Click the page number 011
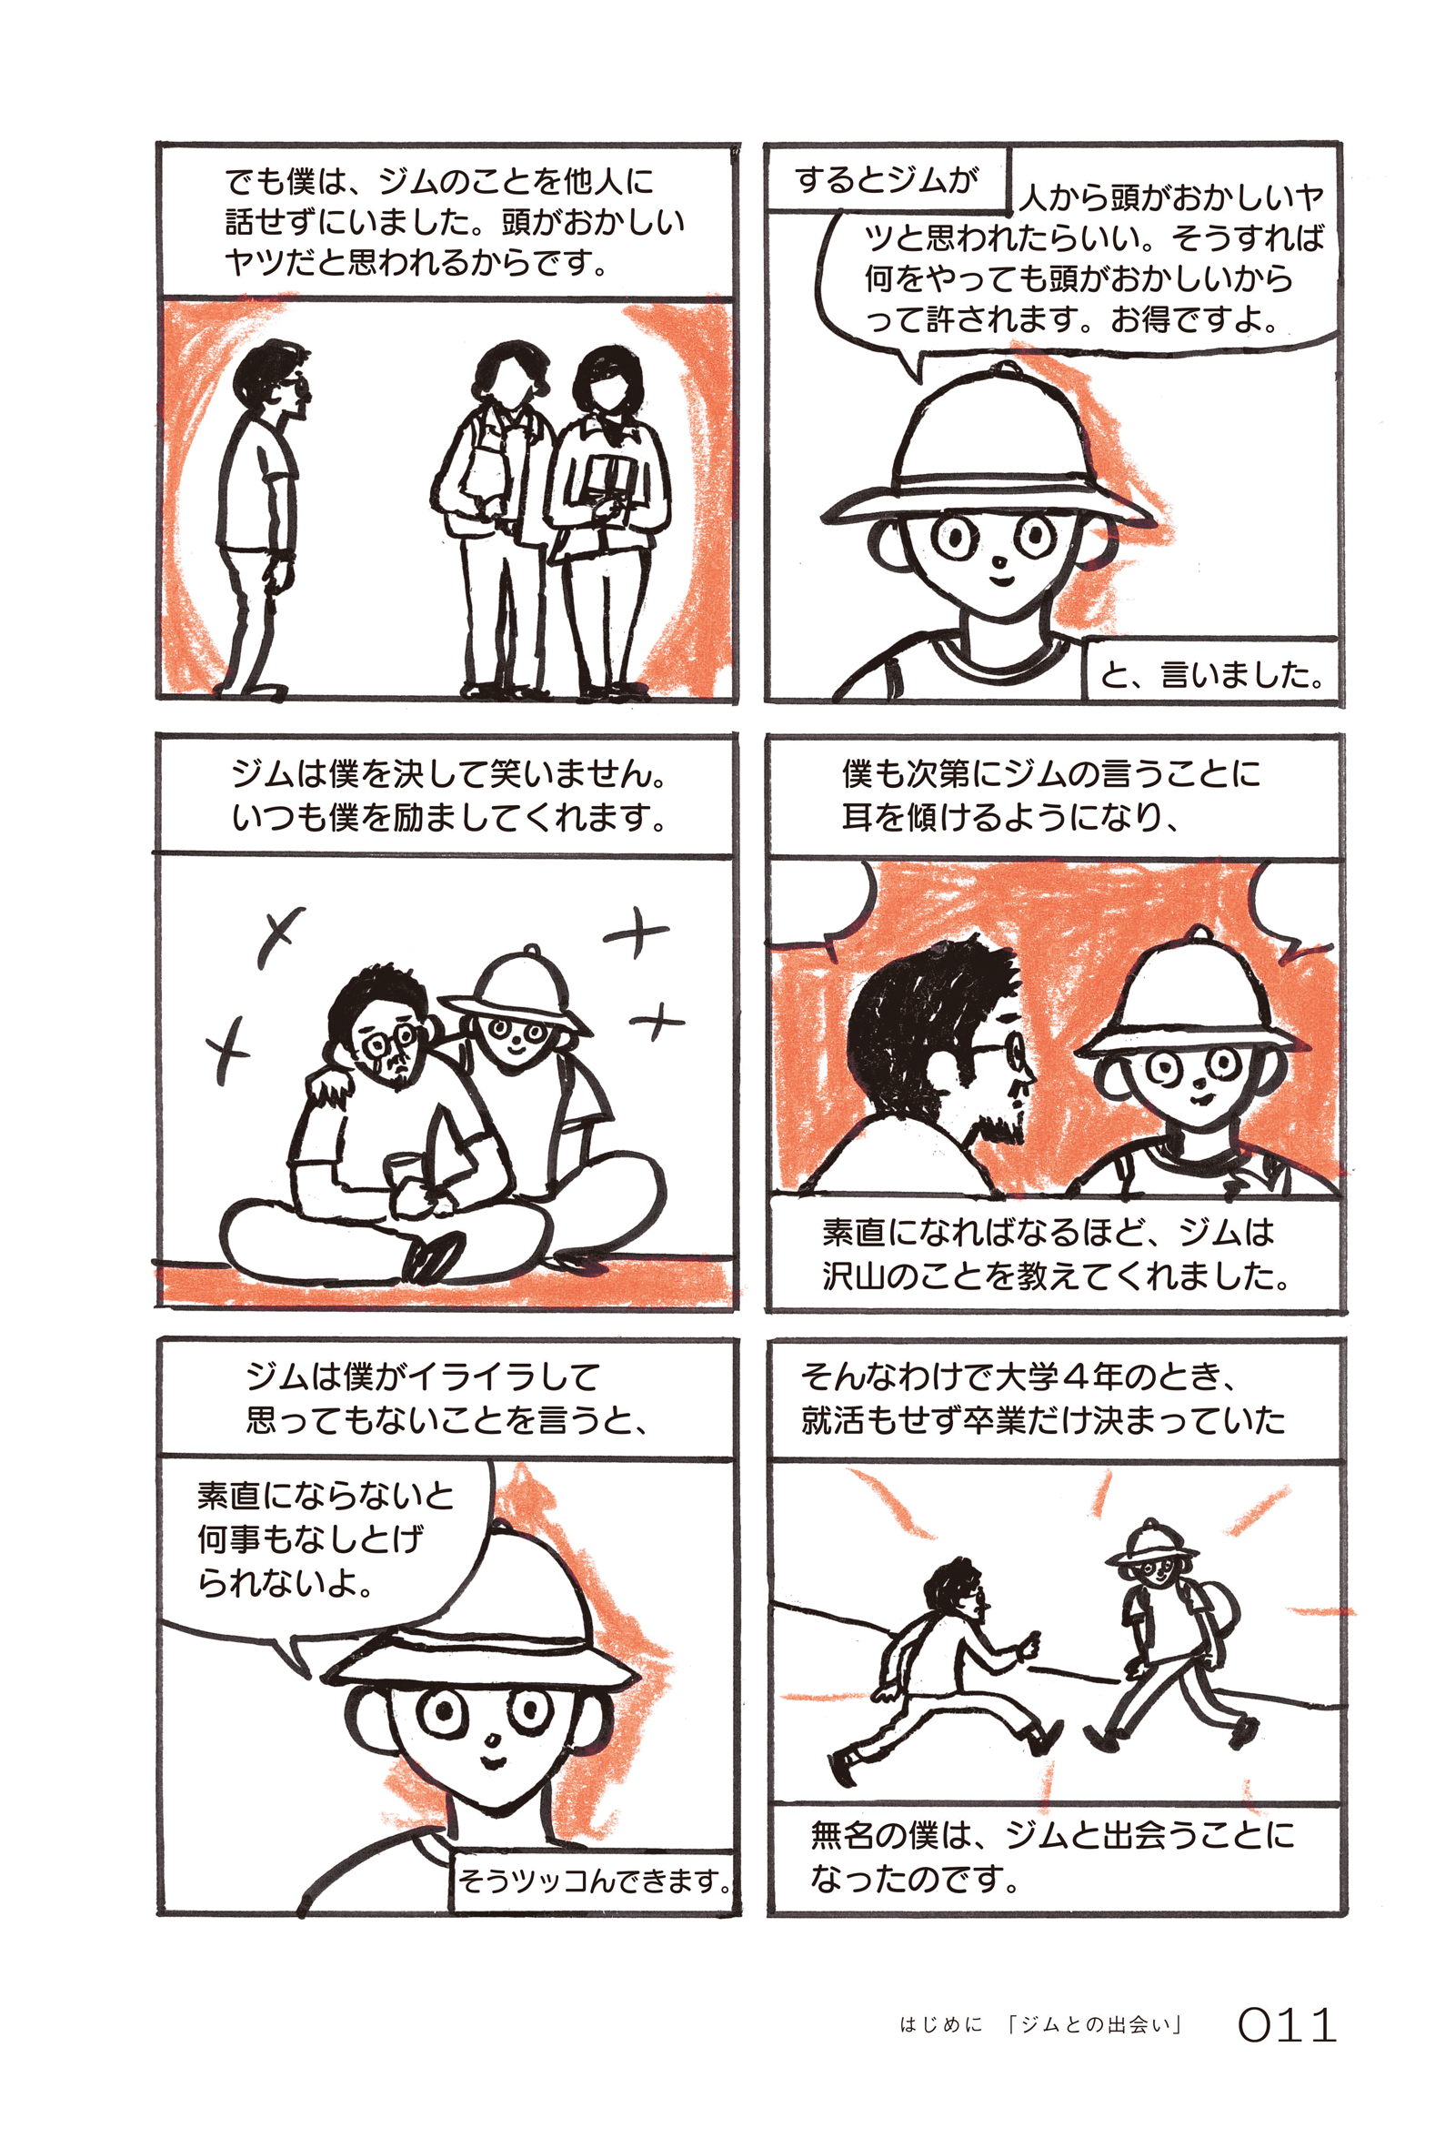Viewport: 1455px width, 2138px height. (x=1286, y=2025)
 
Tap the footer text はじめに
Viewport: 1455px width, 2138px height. (x=941, y=2025)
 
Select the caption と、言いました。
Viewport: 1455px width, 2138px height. (x=1212, y=676)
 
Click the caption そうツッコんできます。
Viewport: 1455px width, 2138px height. (x=595, y=1881)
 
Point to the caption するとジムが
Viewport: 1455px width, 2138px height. (x=886, y=179)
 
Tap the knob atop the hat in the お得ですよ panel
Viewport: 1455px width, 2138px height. (x=1003, y=369)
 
